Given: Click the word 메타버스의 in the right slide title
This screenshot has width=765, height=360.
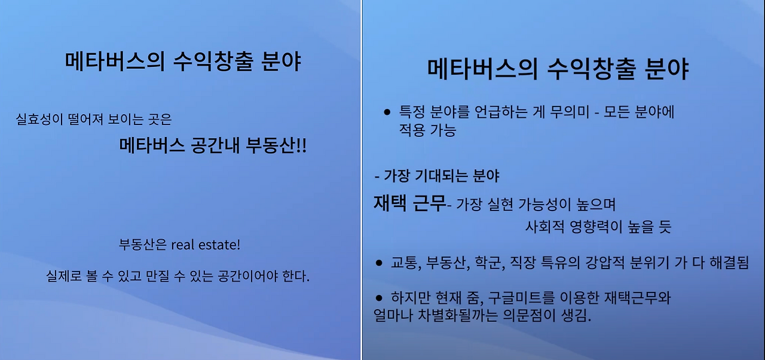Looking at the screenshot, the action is pyautogui.click(x=482, y=70).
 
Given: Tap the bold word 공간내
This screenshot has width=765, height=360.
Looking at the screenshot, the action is pyautogui.click(x=216, y=145).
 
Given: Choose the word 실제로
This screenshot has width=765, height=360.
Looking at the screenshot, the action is pyautogui.click(x=64, y=276).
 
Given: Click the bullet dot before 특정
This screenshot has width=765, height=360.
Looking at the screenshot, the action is pyautogui.click(x=387, y=112).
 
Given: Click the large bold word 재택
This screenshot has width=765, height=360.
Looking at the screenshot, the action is pyautogui.click(x=390, y=203).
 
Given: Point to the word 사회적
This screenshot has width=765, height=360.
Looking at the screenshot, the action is pyautogui.click(x=544, y=227).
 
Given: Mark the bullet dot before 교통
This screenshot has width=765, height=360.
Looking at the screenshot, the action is pyautogui.click(x=379, y=263).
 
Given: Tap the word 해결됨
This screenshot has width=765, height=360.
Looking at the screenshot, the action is pyautogui.click(x=729, y=263).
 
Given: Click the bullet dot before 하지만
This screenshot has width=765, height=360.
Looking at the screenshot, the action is pyautogui.click(x=379, y=298).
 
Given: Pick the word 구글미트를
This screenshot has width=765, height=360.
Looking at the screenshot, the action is pyautogui.click(x=522, y=298).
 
